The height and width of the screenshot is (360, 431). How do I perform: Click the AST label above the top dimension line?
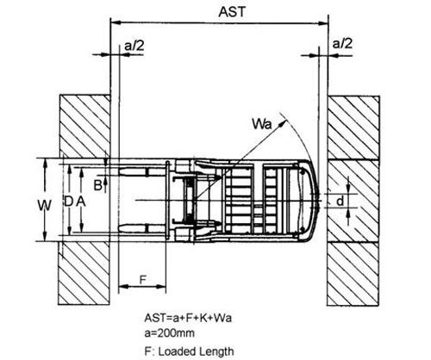tap(232, 12)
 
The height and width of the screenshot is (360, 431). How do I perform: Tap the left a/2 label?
tap(134, 46)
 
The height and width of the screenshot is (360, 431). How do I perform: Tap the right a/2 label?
tap(342, 44)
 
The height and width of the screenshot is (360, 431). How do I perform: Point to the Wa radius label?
tap(261, 124)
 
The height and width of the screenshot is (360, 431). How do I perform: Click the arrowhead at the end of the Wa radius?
tap(284, 122)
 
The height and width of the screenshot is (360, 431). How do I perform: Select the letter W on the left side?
tap(45, 206)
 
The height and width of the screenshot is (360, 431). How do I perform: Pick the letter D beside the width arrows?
tap(68, 202)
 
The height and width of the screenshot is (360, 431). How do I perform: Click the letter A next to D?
tap(81, 202)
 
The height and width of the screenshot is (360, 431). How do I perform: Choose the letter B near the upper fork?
tap(98, 185)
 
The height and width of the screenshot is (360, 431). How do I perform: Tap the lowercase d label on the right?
tap(340, 201)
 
